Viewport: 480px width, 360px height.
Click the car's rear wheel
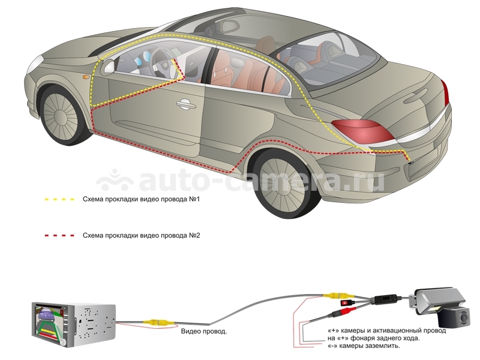[284, 184]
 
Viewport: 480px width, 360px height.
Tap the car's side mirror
[109, 66]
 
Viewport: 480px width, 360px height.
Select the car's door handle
[186, 104]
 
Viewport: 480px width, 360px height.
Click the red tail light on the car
[363, 131]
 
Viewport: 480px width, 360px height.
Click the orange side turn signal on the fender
[86, 77]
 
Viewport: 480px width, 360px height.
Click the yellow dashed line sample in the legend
[59, 199]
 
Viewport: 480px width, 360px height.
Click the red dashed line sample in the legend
[59, 236]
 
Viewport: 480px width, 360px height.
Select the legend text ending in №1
[141, 199]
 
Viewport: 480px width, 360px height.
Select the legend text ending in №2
[141, 236]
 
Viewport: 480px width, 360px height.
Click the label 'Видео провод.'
[204, 331]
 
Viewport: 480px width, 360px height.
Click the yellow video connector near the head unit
[159, 322]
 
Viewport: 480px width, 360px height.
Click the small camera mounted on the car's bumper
[411, 163]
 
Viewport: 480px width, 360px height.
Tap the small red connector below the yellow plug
[348, 303]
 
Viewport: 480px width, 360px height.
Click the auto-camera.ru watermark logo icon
[114, 181]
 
